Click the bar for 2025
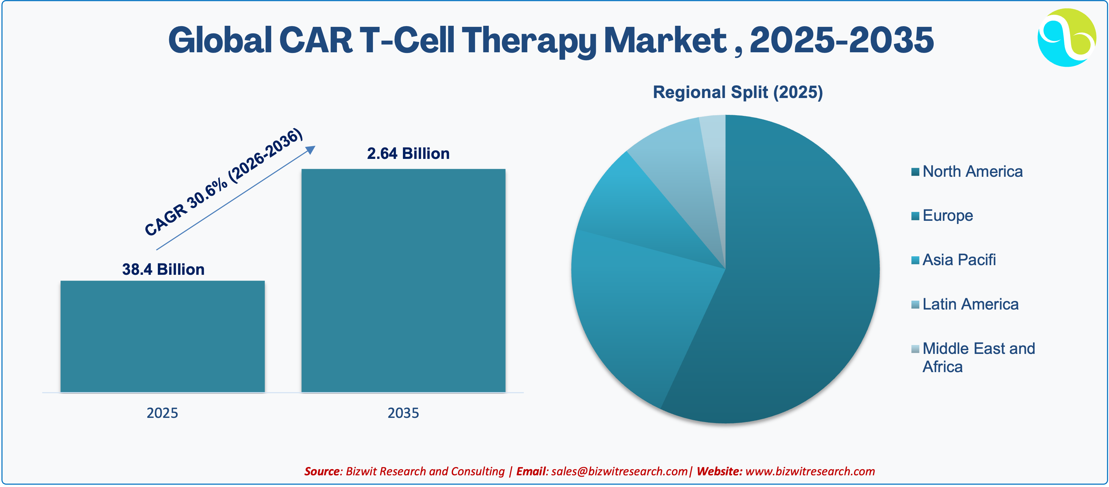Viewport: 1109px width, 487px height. pos(162,336)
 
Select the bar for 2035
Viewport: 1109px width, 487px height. pos(403,280)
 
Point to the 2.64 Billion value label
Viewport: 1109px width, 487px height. pos(408,153)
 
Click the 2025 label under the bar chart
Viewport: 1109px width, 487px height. pos(162,413)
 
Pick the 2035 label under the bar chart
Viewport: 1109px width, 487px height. pos(403,413)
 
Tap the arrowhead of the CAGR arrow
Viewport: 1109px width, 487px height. pos(311,149)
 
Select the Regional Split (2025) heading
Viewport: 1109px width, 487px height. pos(738,92)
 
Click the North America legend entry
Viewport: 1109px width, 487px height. pos(967,171)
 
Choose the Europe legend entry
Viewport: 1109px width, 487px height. pos(942,215)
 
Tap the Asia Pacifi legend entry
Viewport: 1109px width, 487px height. pos(954,260)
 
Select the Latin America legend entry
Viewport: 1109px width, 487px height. pos(965,304)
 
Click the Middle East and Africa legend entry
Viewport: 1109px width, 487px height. pos(973,357)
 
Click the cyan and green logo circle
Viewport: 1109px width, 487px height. pos(1067,37)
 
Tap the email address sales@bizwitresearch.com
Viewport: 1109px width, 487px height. pos(619,471)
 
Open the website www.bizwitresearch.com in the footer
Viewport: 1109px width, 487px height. pos(810,471)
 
